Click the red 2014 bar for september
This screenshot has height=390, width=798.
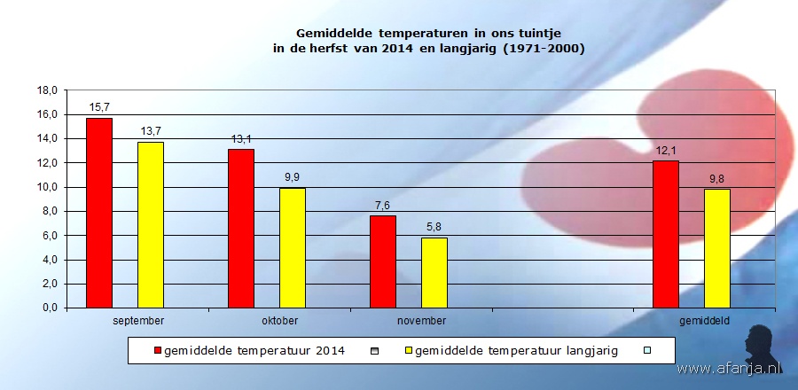tap(99, 213)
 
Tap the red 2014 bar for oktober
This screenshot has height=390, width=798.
tap(241, 228)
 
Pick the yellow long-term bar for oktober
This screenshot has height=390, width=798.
tap(293, 247)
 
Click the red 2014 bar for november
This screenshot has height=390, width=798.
tap(383, 261)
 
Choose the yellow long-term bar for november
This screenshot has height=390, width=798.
tap(434, 272)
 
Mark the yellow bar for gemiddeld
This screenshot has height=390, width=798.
tap(717, 248)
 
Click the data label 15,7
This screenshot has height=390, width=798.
tap(99, 107)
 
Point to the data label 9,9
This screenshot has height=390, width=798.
tap(293, 177)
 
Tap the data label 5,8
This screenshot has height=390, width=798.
tap(434, 227)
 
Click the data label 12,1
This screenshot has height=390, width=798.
tap(666, 151)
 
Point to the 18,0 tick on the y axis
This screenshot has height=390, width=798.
tap(47, 90)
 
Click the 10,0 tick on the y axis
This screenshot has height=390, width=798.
tap(47, 187)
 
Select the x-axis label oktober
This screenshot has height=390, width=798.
tap(279, 321)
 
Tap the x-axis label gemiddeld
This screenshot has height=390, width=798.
tap(705, 321)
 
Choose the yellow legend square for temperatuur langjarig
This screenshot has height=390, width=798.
tap(408, 350)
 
